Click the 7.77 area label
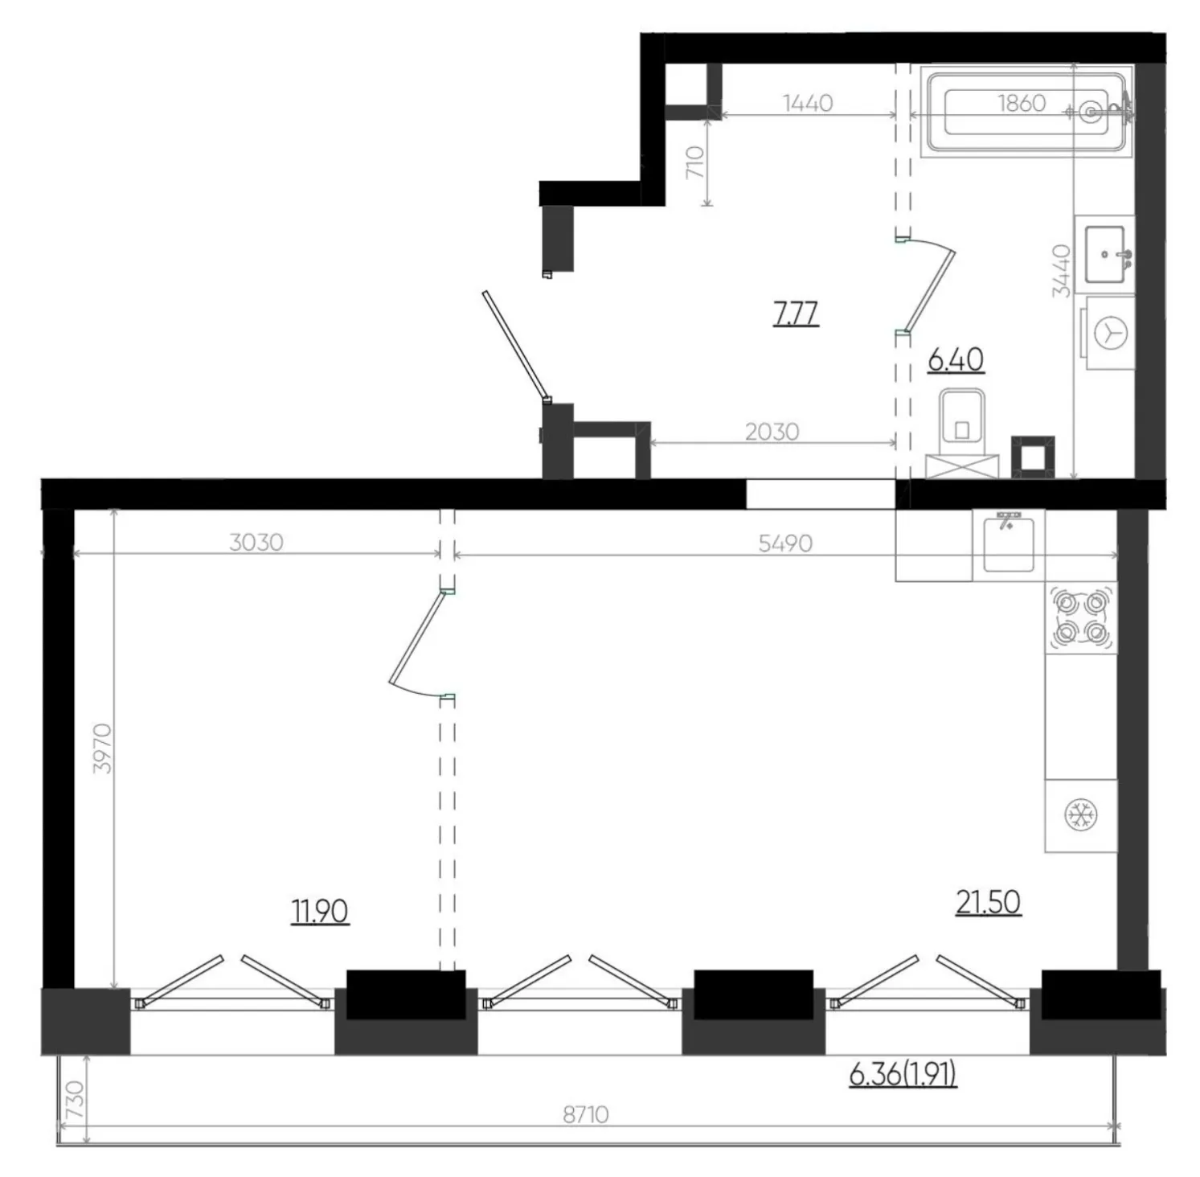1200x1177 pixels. (x=796, y=313)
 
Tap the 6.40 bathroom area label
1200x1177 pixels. (x=956, y=360)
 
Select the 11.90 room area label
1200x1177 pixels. (x=320, y=912)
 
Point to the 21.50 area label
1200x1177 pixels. (x=989, y=902)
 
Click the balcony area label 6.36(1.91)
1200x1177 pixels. (x=903, y=1074)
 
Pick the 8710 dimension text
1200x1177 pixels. (x=585, y=1115)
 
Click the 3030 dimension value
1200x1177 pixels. (x=256, y=543)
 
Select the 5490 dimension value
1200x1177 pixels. (x=785, y=543)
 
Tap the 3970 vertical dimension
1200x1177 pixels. (x=103, y=748)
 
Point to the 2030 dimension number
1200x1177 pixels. (x=772, y=433)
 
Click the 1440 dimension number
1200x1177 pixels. (x=807, y=103)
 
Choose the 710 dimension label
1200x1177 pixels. (x=696, y=162)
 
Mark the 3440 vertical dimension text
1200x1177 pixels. (x=1063, y=270)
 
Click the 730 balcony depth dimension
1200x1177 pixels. (x=73, y=1098)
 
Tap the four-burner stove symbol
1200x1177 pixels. (x=1081, y=617)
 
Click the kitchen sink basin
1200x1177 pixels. (x=1009, y=543)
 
